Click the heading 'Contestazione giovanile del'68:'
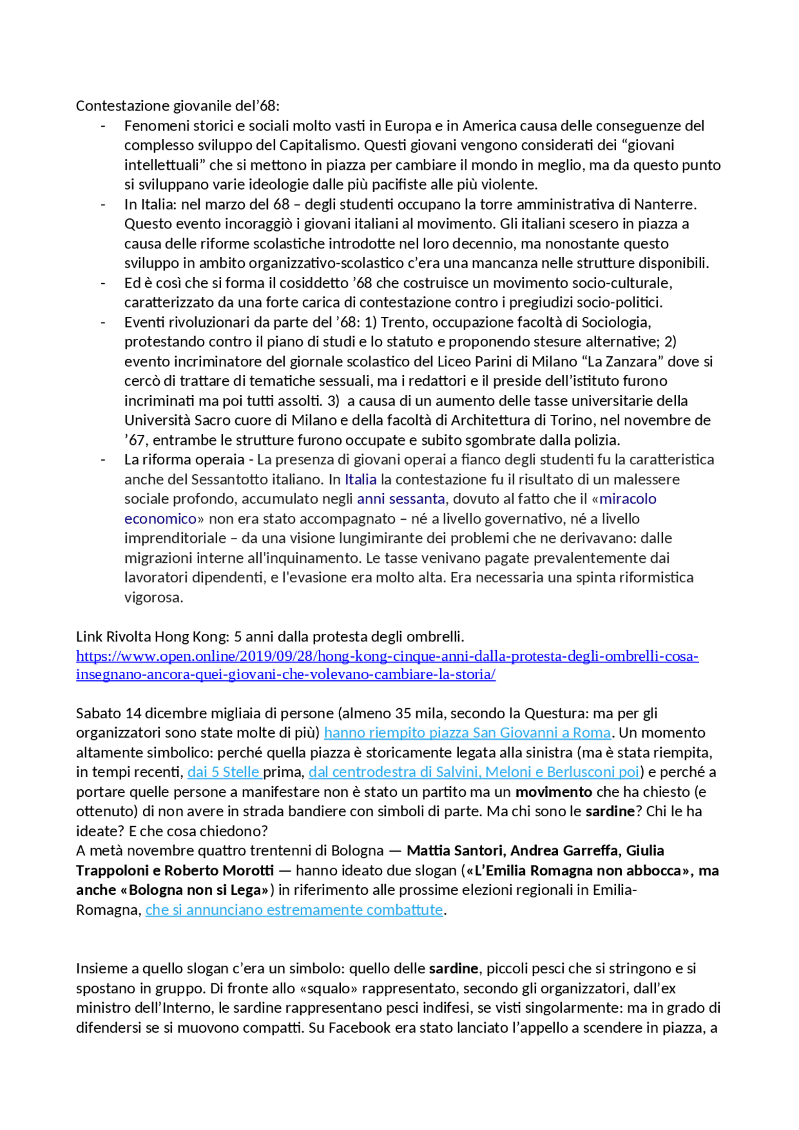[x=178, y=106]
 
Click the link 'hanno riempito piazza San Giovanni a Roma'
[x=467, y=733]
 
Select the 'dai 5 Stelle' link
[x=223, y=772]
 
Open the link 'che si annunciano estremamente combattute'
[x=294, y=910]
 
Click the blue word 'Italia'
[x=361, y=479]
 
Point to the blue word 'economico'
[x=160, y=519]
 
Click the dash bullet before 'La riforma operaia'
[x=103, y=460]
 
